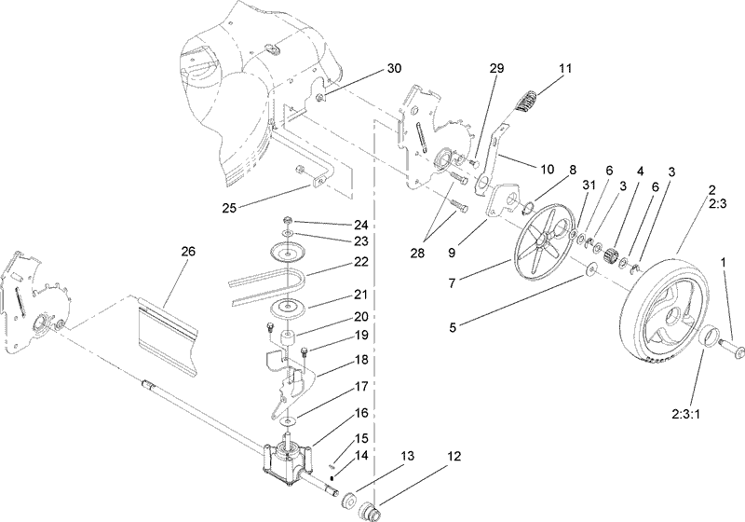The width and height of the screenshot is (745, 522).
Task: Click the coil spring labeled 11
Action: (x=527, y=99)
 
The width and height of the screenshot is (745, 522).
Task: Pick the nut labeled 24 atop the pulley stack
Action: (x=290, y=223)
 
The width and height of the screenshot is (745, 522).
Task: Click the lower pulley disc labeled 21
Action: (x=290, y=310)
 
